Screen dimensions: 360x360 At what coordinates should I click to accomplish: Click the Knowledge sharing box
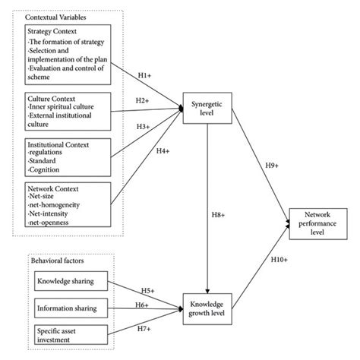point(66,283)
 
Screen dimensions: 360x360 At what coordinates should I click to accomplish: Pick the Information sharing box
point(66,308)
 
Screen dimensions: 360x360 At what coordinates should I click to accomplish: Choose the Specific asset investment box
point(66,335)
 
